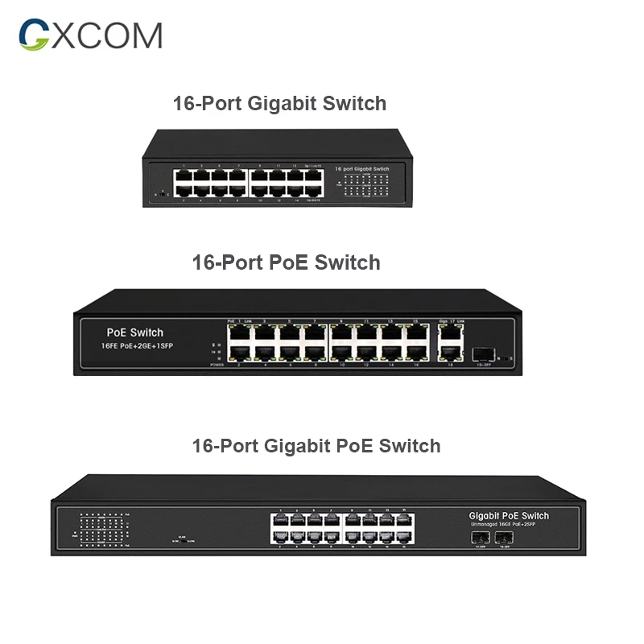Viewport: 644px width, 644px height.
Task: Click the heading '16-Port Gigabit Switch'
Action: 279,104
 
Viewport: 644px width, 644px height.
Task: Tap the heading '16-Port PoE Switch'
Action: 286,262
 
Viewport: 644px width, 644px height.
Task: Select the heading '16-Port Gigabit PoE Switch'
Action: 316,445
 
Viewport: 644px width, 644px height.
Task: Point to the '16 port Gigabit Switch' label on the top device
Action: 361,169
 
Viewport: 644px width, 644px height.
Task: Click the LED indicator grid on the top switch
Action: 366,188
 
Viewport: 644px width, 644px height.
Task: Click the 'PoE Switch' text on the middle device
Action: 134,332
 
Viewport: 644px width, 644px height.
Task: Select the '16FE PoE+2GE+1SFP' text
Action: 138,346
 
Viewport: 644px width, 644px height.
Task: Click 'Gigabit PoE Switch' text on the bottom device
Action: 509,515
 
